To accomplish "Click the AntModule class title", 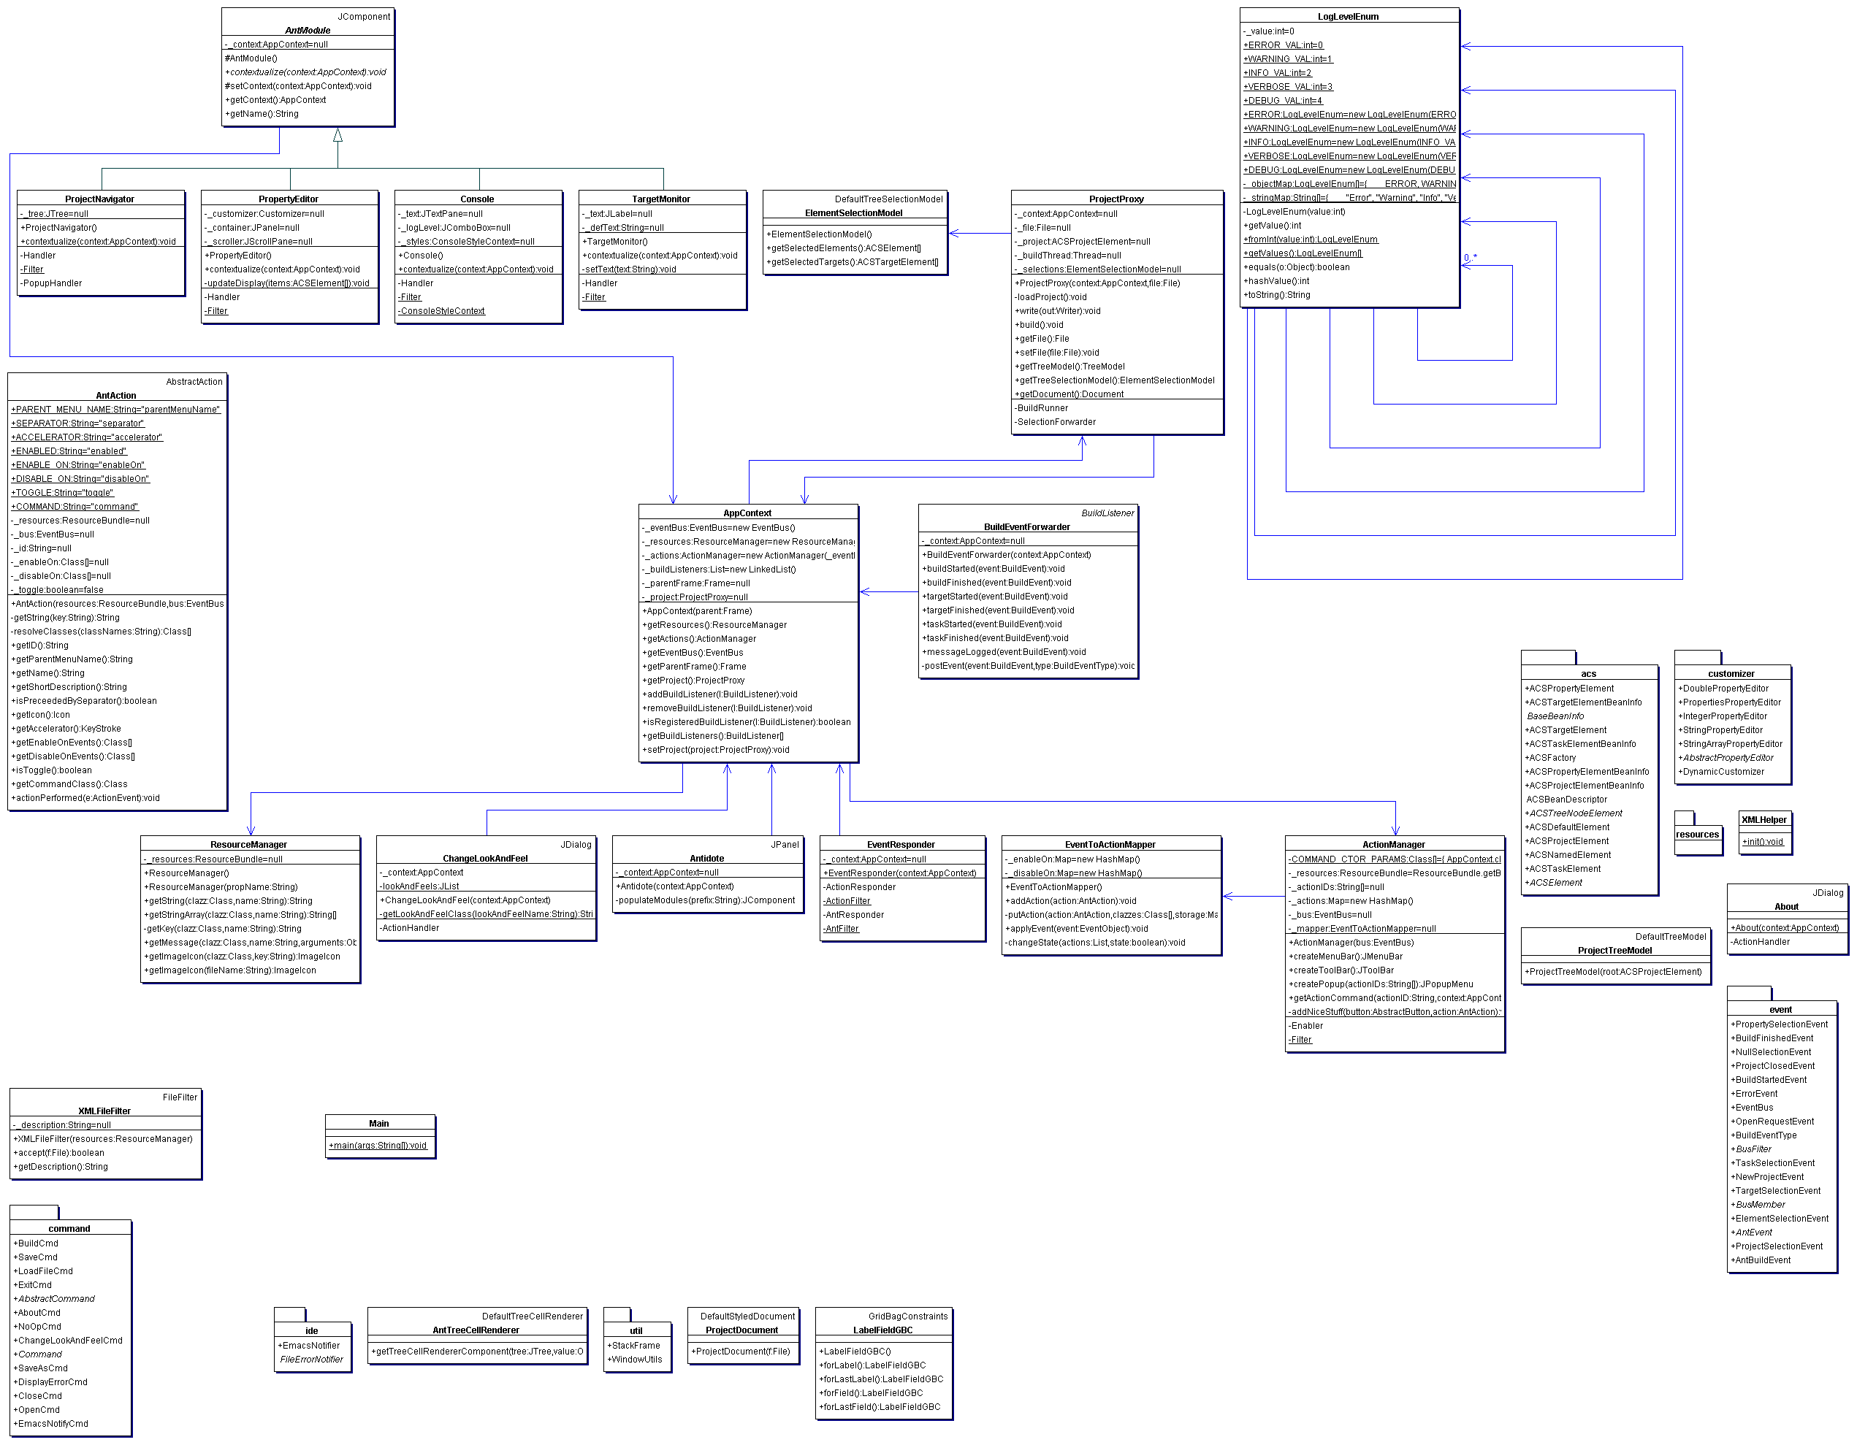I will pyautogui.click(x=307, y=31).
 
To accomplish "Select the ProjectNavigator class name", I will pyautogui.click(x=99, y=199).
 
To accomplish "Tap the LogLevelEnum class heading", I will pyautogui.click(x=1348, y=17).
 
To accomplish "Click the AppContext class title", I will pyautogui.click(x=747, y=513).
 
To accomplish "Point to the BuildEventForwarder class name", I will pyautogui.click(x=1026, y=527).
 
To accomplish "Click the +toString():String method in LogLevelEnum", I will pyautogui.click(x=1277, y=295).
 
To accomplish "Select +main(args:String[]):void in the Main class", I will pyautogui.click(x=378, y=1145).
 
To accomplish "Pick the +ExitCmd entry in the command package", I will pyautogui.click(x=34, y=1284).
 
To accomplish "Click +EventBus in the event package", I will pyautogui.click(x=1753, y=1108).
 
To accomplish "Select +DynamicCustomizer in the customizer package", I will pyautogui.click(x=1720, y=772).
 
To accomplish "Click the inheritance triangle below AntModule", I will pyautogui.click(x=338, y=136).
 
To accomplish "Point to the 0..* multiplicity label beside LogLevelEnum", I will pyautogui.click(x=1470, y=258).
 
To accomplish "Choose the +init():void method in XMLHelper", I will pyautogui.click(x=1762, y=841).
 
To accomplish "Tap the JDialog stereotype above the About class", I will pyautogui.click(x=1827, y=892).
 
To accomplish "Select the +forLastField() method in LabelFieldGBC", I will pyautogui.click(x=881, y=1407).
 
